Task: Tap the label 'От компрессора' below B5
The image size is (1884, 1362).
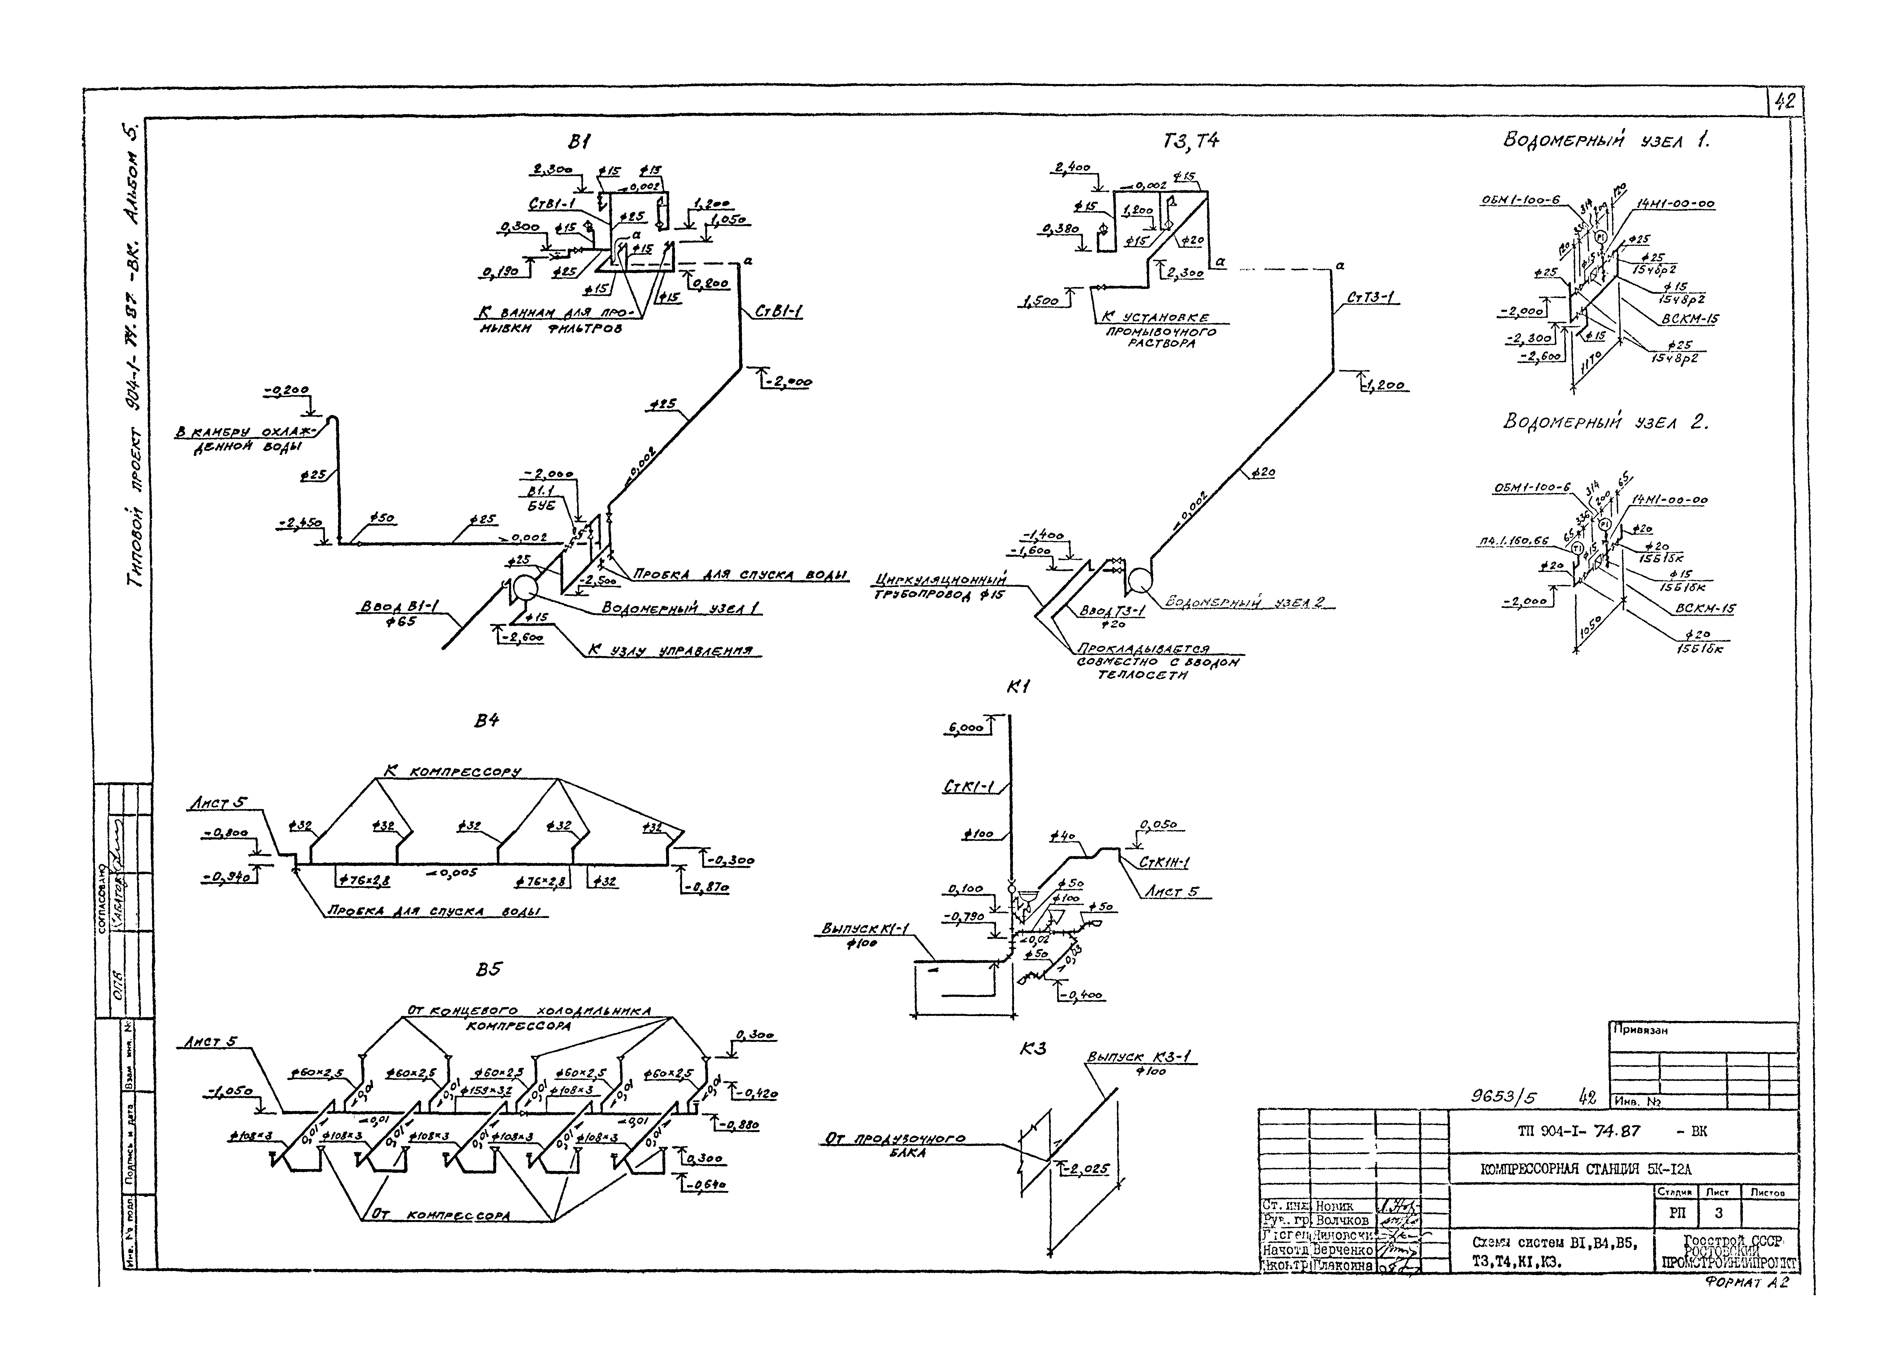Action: coord(440,1215)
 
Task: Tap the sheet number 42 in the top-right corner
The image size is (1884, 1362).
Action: coord(1783,101)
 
